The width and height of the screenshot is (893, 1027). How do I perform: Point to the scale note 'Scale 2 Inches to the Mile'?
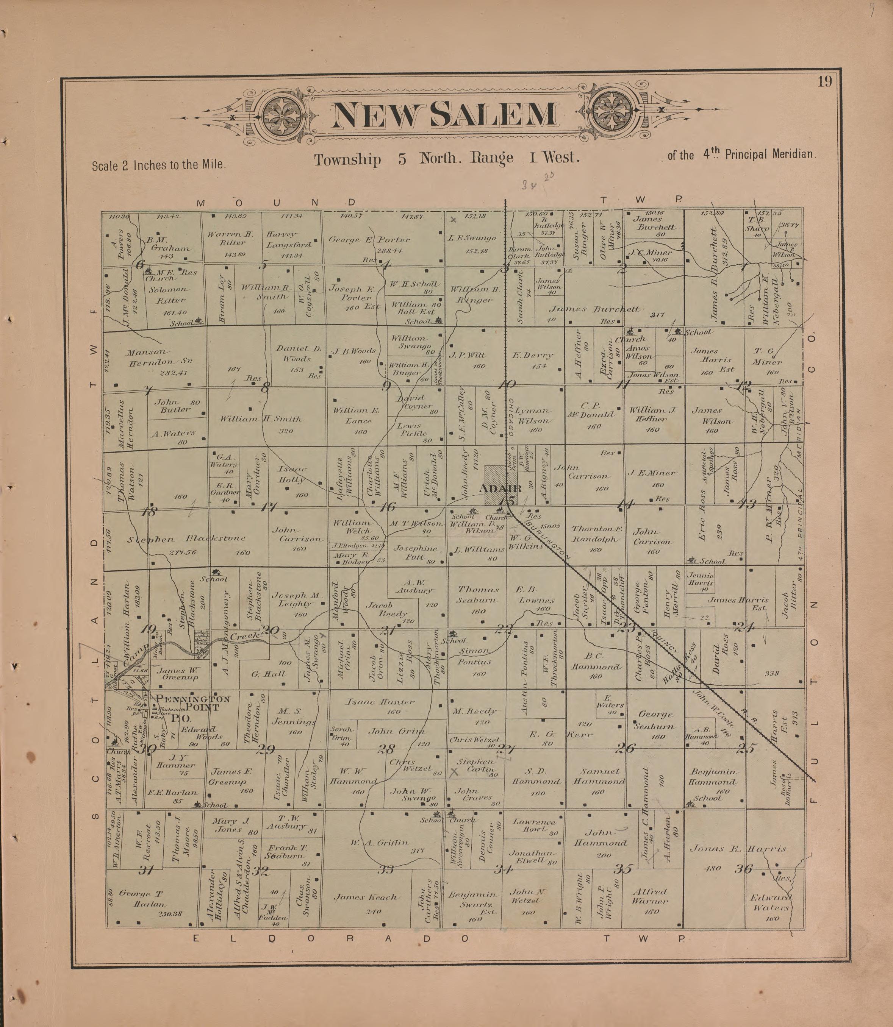tap(158, 165)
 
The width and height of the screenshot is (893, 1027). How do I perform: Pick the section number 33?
tap(385, 869)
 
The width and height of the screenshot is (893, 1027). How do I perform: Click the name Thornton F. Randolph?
tap(596, 534)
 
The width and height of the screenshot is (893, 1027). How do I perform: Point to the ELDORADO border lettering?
tap(331, 938)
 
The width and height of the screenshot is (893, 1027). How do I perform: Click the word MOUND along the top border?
tap(276, 203)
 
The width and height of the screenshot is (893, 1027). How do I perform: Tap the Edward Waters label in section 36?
tap(771, 902)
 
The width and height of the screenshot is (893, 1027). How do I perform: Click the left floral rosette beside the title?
tap(282, 115)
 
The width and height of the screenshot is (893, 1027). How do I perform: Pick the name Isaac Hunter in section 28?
tap(380, 702)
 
